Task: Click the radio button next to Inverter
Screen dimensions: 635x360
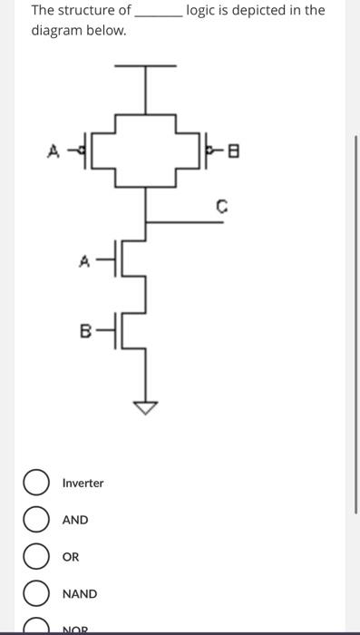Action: point(37,483)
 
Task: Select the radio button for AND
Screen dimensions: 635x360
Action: point(37,520)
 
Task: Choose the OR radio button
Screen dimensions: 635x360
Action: point(37,557)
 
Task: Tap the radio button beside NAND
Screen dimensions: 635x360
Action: point(37,594)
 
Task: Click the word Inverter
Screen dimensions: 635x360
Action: point(83,484)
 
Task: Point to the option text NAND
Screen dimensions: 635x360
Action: point(80,594)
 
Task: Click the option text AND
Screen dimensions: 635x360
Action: point(75,520)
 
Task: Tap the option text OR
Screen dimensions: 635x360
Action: point(71,557)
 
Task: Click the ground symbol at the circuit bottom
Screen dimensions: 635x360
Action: point(145,408)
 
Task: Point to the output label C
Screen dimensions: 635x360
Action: point(220,206)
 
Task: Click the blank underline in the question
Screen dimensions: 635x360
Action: point(158,13)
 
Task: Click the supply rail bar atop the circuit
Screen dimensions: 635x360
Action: point(145,67)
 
